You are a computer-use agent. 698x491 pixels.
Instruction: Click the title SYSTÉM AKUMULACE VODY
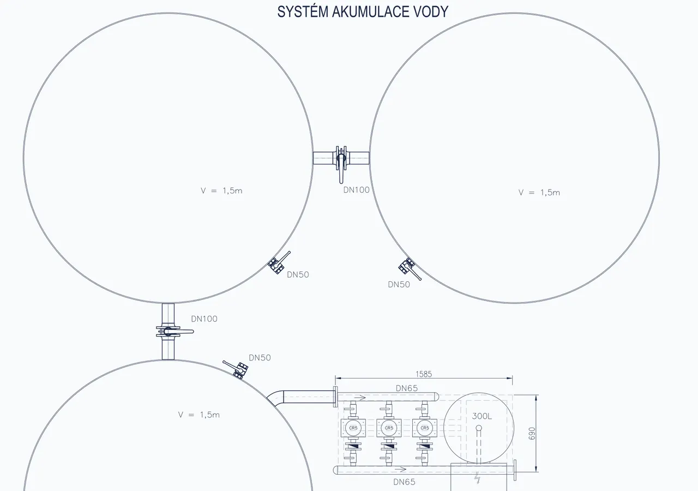[363, 12]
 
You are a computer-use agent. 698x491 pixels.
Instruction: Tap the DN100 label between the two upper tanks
[356, 190]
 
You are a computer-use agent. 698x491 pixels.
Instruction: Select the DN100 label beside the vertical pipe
[204, 319]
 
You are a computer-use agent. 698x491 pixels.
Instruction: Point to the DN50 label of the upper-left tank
[298, 275]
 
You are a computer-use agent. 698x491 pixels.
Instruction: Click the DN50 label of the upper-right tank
[399, 285]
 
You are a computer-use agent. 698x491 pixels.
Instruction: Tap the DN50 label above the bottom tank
[260, 358]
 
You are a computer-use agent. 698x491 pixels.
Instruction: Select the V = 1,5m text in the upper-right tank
[539, 192]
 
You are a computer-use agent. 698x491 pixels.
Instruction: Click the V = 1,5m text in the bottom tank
[199, 415]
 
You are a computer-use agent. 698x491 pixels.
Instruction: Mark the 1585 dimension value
[424, 374]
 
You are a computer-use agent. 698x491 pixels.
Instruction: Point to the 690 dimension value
[532, 434]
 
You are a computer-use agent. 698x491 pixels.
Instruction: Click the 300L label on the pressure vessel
[482, 416]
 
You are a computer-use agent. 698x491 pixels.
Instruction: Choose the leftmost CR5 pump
[353, 428]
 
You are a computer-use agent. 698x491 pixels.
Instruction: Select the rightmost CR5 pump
[424, 428]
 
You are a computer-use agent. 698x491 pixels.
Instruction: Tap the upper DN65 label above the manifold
[407, 388]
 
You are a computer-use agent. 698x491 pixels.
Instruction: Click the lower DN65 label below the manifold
[404, 482]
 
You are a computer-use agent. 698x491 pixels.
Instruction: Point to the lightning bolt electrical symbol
[477, 478]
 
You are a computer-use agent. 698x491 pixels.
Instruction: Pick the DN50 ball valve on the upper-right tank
[409, 269]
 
